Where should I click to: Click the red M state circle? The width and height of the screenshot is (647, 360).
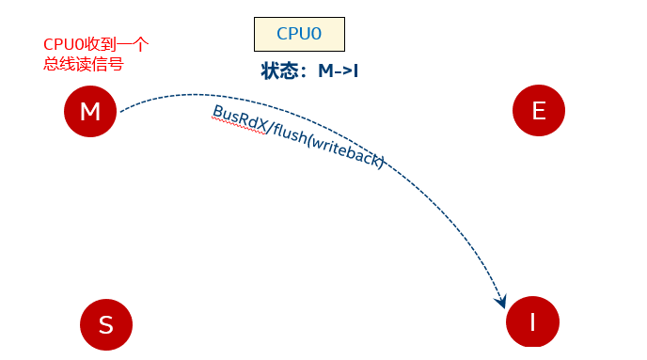pyautogui.click(x=90, y=112)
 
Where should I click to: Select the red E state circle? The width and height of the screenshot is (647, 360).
pyautogui.click(x=539, y=111)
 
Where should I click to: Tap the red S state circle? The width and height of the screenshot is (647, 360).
pyautogui.click(x=105, y=324)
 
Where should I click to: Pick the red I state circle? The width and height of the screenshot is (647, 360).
pyautogui.click(x=532, y=322)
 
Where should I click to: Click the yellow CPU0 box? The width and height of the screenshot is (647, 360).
pyautogui.click(x=299, y=34)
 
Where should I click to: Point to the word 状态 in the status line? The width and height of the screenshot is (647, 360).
pyautogui.click(x=280, y=70)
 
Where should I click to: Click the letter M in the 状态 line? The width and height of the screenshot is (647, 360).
pyautogui.click(x=325, y=70)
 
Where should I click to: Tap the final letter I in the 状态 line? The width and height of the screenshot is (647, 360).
pyautogui.click(x=356, y=70)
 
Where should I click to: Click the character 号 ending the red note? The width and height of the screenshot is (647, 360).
pyautogui.click(x=117, y=65)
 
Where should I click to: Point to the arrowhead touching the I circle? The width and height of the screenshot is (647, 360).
pyautogui.click(x=502, y=302)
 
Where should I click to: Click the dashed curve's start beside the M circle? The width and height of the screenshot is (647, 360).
pyautogui.click(x=123, y=109)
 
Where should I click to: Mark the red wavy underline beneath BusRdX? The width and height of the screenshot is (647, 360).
pyautogui.click(x=237, y=129)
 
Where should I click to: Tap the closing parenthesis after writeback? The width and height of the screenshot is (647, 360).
pyautogui.click(x=380, y=163)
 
